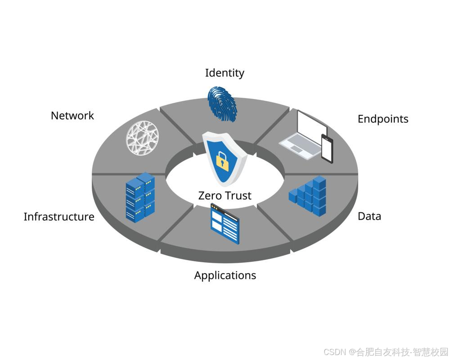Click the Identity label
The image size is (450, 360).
coord(225,73)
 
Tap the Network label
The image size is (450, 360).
coord(72,116)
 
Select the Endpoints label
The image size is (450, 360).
coord(383,119)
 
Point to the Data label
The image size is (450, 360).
coord(369,216)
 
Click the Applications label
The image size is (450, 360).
coord(225,275)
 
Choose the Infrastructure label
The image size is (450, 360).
coord(59,217)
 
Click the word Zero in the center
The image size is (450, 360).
coord(209,196)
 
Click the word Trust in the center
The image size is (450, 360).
coord(237,196)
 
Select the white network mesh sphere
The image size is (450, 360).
coord(142,138)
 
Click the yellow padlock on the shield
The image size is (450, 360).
coord(222,161)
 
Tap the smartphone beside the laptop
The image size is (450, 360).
coord(327,149)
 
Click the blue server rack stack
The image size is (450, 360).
coord(140,198)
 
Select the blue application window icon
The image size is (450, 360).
coord(225,223)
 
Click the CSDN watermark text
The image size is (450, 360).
coord(334,351)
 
